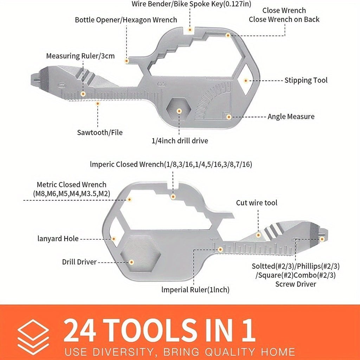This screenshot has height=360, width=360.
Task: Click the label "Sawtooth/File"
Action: click(100, 133)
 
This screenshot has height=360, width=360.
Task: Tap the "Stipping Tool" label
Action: click(306, 81)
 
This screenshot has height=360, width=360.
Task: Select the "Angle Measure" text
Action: click(291, 117)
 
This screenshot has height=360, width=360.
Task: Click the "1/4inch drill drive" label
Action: click(180, 141)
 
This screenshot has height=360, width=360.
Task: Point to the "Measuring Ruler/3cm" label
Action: click(81, 56)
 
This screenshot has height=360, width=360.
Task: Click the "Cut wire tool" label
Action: click(257, 203)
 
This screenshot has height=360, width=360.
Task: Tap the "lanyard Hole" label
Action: click(58, 239)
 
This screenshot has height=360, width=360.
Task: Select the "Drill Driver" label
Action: click(79, 262)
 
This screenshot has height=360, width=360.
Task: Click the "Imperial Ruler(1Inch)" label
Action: click(195, 290)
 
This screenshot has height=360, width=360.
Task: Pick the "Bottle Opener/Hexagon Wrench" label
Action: click(126, 20)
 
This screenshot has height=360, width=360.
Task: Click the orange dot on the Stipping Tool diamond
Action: click(246, 81)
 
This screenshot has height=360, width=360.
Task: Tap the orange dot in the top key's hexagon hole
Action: click(179, 111)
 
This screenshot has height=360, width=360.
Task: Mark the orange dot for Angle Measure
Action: click(229, 117)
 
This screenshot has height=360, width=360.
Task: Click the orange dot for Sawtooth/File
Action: click(98, 104)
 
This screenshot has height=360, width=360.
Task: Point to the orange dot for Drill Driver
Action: click(131, 262)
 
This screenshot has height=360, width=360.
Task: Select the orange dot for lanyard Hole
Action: click(114, 239)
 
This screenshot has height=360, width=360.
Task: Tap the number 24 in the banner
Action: click(80, 330)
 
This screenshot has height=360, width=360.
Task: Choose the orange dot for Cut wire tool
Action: click(258, 235)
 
